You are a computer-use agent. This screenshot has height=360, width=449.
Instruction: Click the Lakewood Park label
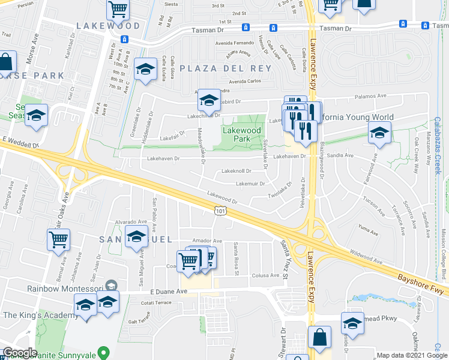242,134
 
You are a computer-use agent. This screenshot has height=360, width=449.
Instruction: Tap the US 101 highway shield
220,208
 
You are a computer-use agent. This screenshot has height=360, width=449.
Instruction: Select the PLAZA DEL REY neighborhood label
224,68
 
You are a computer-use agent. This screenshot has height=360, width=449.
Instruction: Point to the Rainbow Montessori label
61,288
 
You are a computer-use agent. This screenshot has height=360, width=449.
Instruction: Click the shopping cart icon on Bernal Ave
58,240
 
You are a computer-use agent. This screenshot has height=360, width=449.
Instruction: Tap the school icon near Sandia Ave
379,133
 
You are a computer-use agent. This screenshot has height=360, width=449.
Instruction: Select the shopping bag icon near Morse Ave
5,62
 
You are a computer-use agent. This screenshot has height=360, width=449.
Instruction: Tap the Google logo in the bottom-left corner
20,353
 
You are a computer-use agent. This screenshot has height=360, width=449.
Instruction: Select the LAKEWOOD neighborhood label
108,26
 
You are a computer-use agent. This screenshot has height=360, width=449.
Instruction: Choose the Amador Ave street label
207,241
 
